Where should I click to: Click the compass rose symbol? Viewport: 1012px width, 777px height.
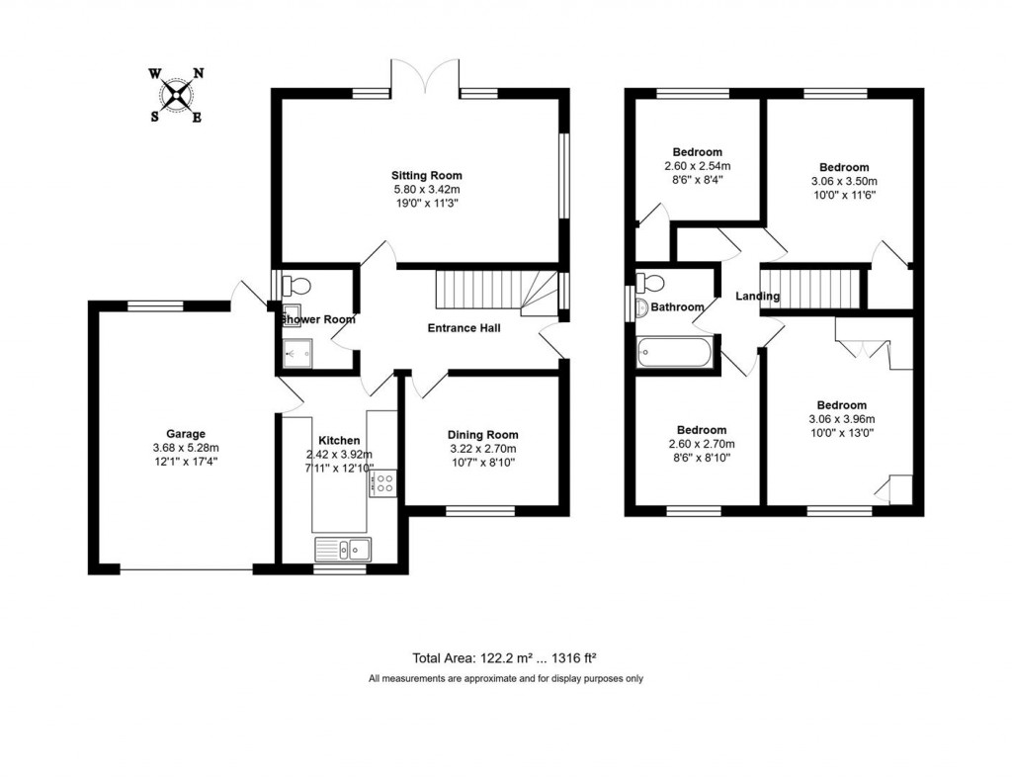click(x=178, y=95)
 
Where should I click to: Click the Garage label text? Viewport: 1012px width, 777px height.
click(x=185, y=433)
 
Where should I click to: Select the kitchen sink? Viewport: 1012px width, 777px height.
click(x=342, y=548)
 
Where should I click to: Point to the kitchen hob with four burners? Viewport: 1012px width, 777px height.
click(x=382, y=483)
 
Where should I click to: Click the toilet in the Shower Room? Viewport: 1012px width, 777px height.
click(x=296, y=287)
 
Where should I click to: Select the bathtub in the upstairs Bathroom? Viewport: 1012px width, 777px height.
click(x=675, y=353)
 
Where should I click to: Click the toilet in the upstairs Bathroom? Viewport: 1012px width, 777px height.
click(x=651, y=283)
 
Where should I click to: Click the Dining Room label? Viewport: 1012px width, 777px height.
click(x=482, y=435)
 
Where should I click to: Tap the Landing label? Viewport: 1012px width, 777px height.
click(x=757, y=297)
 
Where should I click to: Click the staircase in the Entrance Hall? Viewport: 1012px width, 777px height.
click(x=484, y=290)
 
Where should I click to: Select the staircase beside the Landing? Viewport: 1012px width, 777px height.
click(x=810, y=288)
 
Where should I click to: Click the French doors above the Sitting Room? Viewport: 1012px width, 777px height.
click(x=427, y=76)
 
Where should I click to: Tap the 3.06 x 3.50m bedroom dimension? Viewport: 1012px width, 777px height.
click(x=843, y=181)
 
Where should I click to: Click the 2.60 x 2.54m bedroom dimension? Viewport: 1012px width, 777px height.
click(x=697, y=166)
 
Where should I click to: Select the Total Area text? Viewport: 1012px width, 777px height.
click(x=506, y=658)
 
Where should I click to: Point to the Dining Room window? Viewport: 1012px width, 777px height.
click(x=479, y=511)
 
